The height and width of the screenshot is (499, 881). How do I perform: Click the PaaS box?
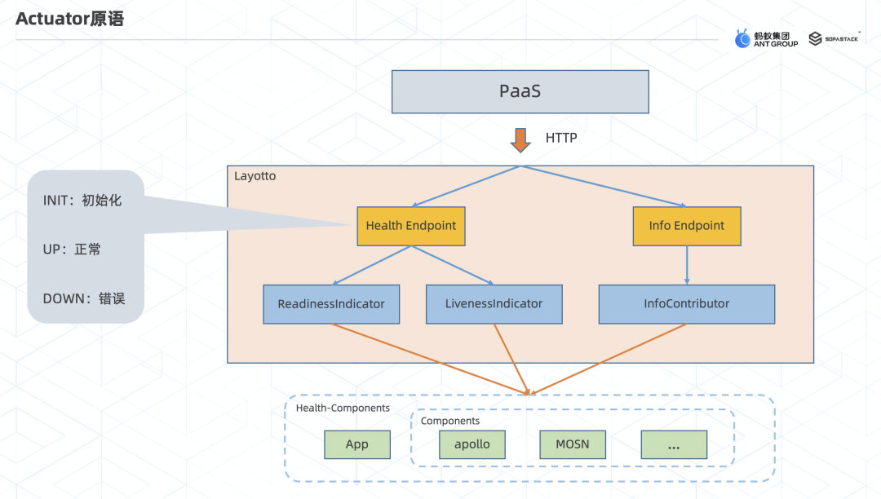(x=520, y=91)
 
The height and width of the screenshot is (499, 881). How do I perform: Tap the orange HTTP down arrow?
(x=520, y=139)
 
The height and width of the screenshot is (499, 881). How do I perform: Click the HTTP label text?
(x=561, y=138)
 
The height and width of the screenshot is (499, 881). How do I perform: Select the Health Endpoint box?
(x=411, y=226)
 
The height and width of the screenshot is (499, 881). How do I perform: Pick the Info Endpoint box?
(x=687, y=226)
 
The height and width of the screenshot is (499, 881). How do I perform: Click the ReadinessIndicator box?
(x=331, y=304)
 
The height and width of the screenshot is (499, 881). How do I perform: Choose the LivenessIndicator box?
(x=494, y=304)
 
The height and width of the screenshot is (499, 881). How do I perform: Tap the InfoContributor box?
(x=686, y=304)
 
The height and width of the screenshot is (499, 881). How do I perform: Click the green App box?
(x=356, y=444)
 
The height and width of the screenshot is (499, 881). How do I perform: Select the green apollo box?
(x=471, y=444)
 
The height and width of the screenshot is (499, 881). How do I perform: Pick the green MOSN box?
(x=572, y=444)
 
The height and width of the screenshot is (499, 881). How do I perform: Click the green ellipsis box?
(x=674, y=445)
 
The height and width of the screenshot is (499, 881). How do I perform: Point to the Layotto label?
(x=255, y=176)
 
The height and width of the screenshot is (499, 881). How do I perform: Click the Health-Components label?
(x=343, y=408)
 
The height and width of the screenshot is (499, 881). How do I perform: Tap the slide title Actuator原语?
(x=70, y=19)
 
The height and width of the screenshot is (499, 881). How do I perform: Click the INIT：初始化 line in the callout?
(x=82, y=200)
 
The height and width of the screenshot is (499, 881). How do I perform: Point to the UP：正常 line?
(x=72, y=249)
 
